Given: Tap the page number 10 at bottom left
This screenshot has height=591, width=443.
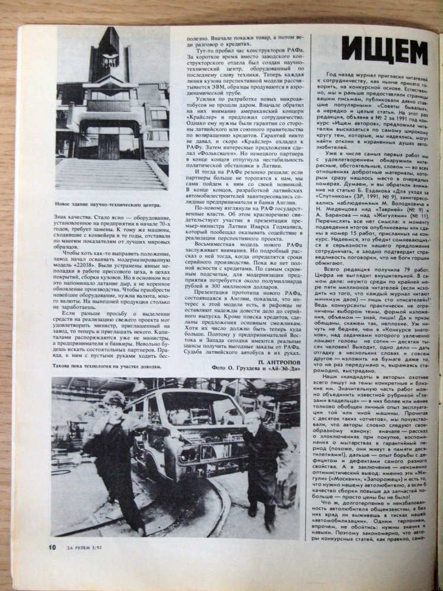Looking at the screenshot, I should (52, 546).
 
